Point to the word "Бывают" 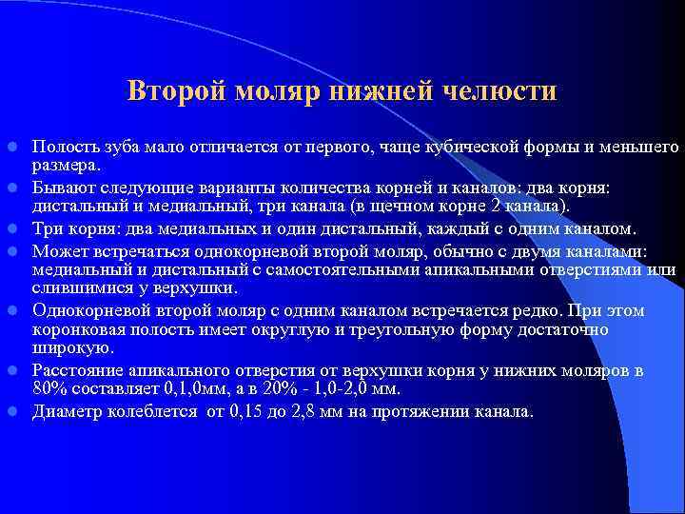[62, 187]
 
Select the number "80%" [51, 388]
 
